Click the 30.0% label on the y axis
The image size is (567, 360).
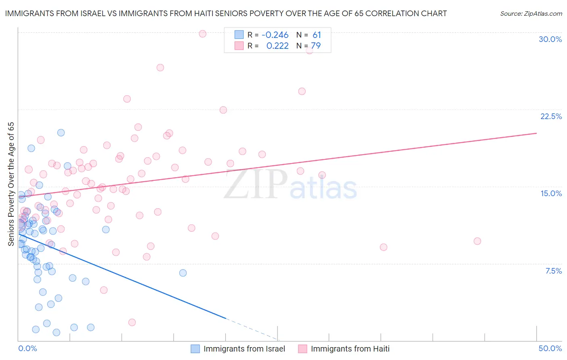click(x=550, y=39)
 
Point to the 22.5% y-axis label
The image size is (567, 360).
click(x=551, y=116)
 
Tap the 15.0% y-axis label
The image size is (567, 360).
click(x=551, y=193)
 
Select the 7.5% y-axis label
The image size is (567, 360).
click(x=553, y=271)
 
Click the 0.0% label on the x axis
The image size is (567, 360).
click(x=27, y=348)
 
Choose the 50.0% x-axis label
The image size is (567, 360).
click(x=550, y=348)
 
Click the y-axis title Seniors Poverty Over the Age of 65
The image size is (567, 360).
click(x=11, y=184)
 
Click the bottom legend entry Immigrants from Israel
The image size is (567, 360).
click(x=244, y=349)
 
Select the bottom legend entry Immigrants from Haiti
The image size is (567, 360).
click(x=350, y=349)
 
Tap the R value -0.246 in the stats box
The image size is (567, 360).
click(x=275, y=35)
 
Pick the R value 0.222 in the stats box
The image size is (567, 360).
click(x=277, y=46)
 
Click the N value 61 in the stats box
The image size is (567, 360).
click(x=317, y=35)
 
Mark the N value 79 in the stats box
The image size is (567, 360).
click(x=316, y=46)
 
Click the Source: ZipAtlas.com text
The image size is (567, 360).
click(x=531, y=14)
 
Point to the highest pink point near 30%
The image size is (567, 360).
click(x=202, y=34)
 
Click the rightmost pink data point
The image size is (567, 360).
click(x=477, y=241)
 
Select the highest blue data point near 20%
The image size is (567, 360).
click(x=61, y=133)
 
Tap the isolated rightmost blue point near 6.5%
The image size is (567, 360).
click(x=183, y=273)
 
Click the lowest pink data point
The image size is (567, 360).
click(x=132, y=322)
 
